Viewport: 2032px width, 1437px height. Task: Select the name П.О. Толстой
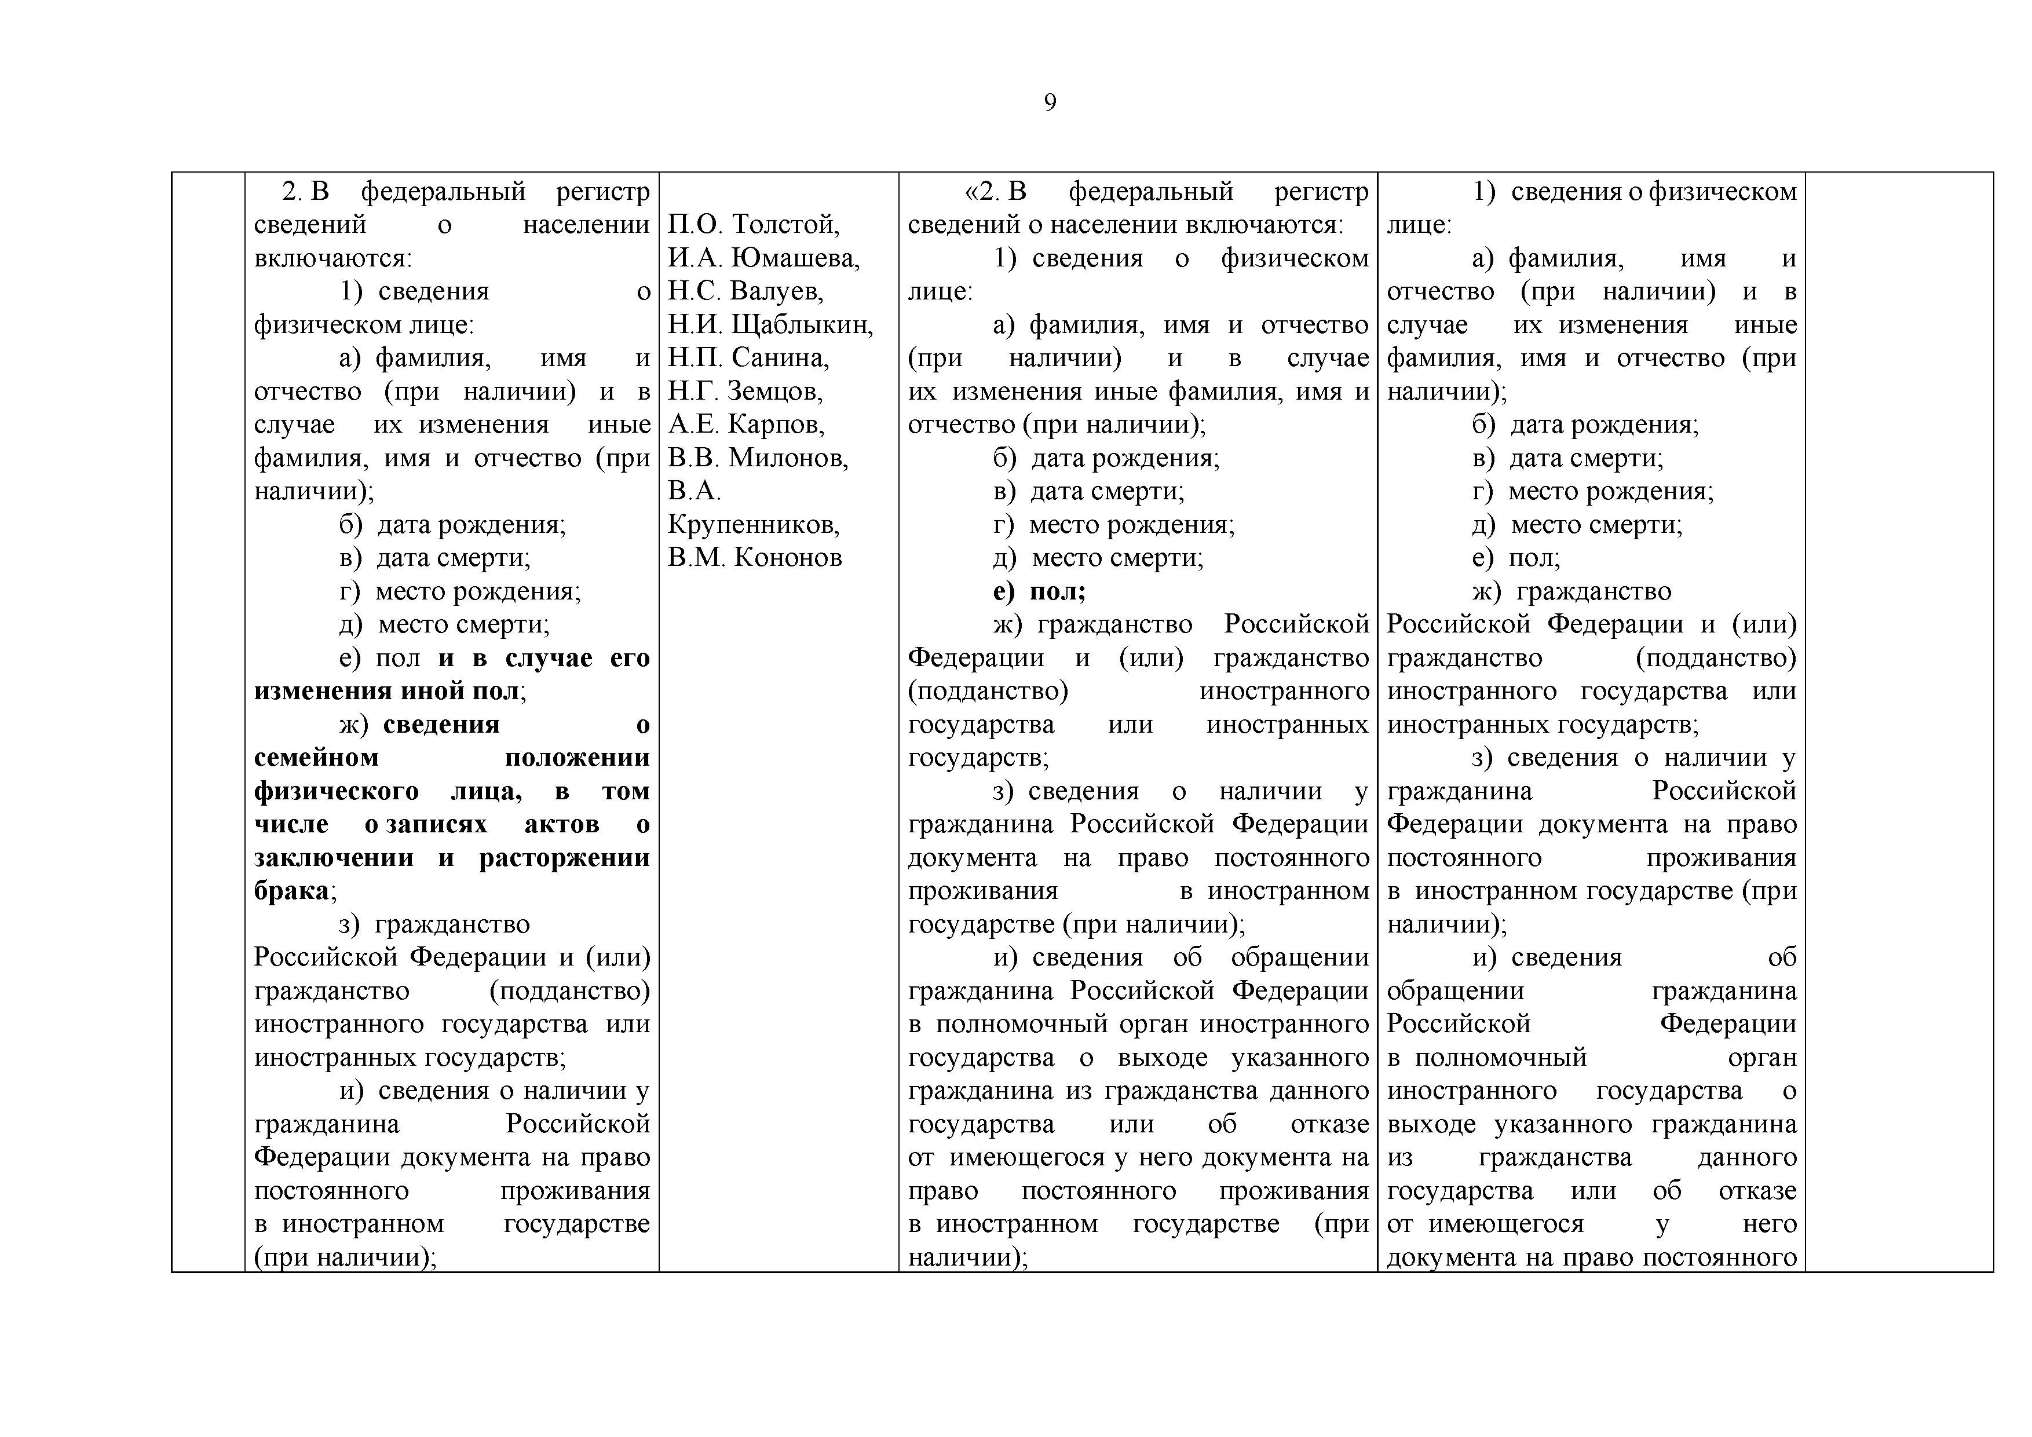click(753, 225)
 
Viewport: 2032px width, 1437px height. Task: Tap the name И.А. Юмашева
click(763, 258)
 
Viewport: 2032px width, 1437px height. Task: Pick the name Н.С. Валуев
click(745, 291)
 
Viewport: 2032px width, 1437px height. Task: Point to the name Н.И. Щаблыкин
click(770, 325)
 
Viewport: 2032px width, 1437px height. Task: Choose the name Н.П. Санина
click(748, 357)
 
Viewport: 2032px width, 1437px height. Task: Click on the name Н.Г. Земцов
click(745, 391)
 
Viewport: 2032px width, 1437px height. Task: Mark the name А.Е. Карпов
click(746, 425)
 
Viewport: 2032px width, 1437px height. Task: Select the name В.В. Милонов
click(758, 458)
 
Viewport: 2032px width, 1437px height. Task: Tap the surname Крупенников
click(753, 525)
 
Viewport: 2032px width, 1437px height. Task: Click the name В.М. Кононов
click(754, 557)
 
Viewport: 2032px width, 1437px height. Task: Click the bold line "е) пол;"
click(1039, 591)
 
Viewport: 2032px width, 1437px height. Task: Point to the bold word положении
click(576, 758)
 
